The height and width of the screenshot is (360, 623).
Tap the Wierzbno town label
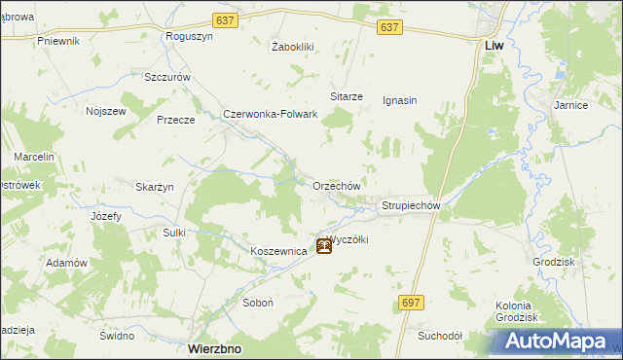214,347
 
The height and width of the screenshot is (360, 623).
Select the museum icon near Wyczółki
323,247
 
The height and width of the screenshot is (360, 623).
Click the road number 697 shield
411,303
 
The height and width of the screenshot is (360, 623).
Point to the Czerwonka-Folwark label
271,114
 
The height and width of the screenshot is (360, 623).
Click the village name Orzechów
337,186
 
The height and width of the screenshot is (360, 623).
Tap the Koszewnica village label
278,251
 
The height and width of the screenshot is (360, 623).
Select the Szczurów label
165,77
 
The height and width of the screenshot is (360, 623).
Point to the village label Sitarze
347,97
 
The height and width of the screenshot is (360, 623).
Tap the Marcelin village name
33,157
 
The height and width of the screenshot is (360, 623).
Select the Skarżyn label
155,187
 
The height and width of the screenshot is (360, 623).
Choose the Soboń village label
257,303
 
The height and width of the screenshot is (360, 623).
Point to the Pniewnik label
58,41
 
